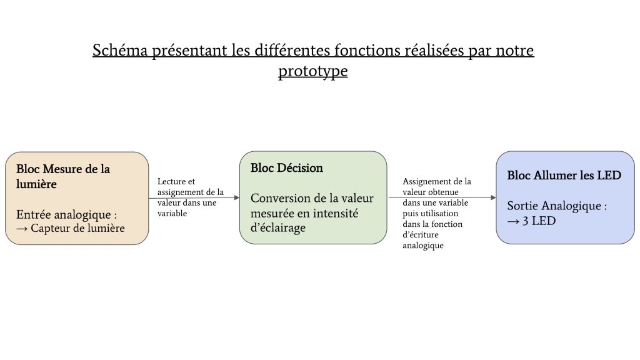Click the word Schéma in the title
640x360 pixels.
120,50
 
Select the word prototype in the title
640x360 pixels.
313,71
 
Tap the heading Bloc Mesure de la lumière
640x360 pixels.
63,176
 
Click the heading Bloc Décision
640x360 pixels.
286,167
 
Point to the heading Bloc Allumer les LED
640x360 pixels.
564,175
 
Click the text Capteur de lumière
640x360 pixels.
77,228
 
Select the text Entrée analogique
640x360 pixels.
64,215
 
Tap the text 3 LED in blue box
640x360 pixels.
539,221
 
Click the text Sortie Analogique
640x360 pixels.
554,206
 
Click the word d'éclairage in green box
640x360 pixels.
278,227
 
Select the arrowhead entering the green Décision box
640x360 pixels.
237,197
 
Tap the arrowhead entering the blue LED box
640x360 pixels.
493,197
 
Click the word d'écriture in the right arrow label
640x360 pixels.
421,235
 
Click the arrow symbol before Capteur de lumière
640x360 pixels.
22,229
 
